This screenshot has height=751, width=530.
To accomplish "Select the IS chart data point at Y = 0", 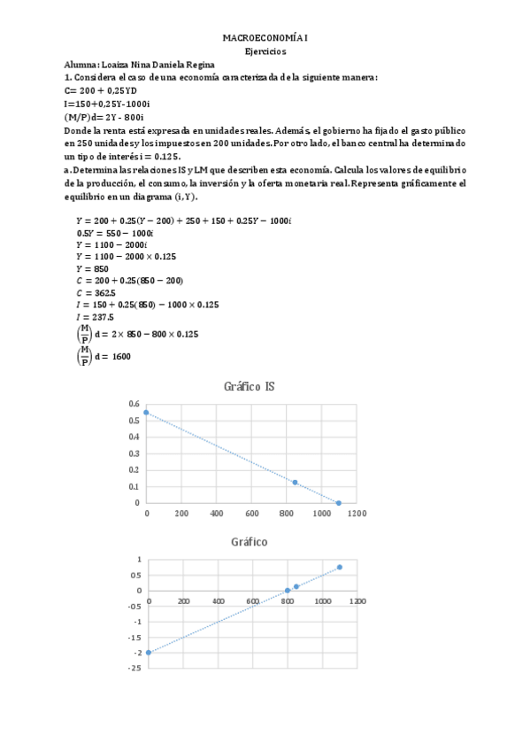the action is (x=147, y=413).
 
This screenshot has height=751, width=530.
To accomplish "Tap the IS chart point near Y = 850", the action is (x=295, y=482).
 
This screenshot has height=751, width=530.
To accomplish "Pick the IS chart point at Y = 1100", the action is (x=338, y=503).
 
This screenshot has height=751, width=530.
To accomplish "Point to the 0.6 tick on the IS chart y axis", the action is (x=134, y=404).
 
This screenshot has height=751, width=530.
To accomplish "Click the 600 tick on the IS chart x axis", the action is (x=251, y=514).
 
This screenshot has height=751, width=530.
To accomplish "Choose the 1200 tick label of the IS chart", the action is (x=356, y=514).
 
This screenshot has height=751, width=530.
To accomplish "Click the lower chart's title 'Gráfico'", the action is (x=250, y=541).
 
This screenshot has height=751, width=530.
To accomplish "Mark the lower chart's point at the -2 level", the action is (x=148, y=653).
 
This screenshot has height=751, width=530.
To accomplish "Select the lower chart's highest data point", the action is (x=340, y=567).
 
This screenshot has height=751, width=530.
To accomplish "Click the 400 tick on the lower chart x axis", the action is (x=218, y=601).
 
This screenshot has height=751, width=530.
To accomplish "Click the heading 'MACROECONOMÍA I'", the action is (x=265, y=40).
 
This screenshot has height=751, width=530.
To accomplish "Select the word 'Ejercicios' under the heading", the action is (x=265, y=52).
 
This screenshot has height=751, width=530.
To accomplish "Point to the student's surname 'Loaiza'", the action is (x=117, y=65).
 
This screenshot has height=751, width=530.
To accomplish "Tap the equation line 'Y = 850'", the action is (x=93, y=267).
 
